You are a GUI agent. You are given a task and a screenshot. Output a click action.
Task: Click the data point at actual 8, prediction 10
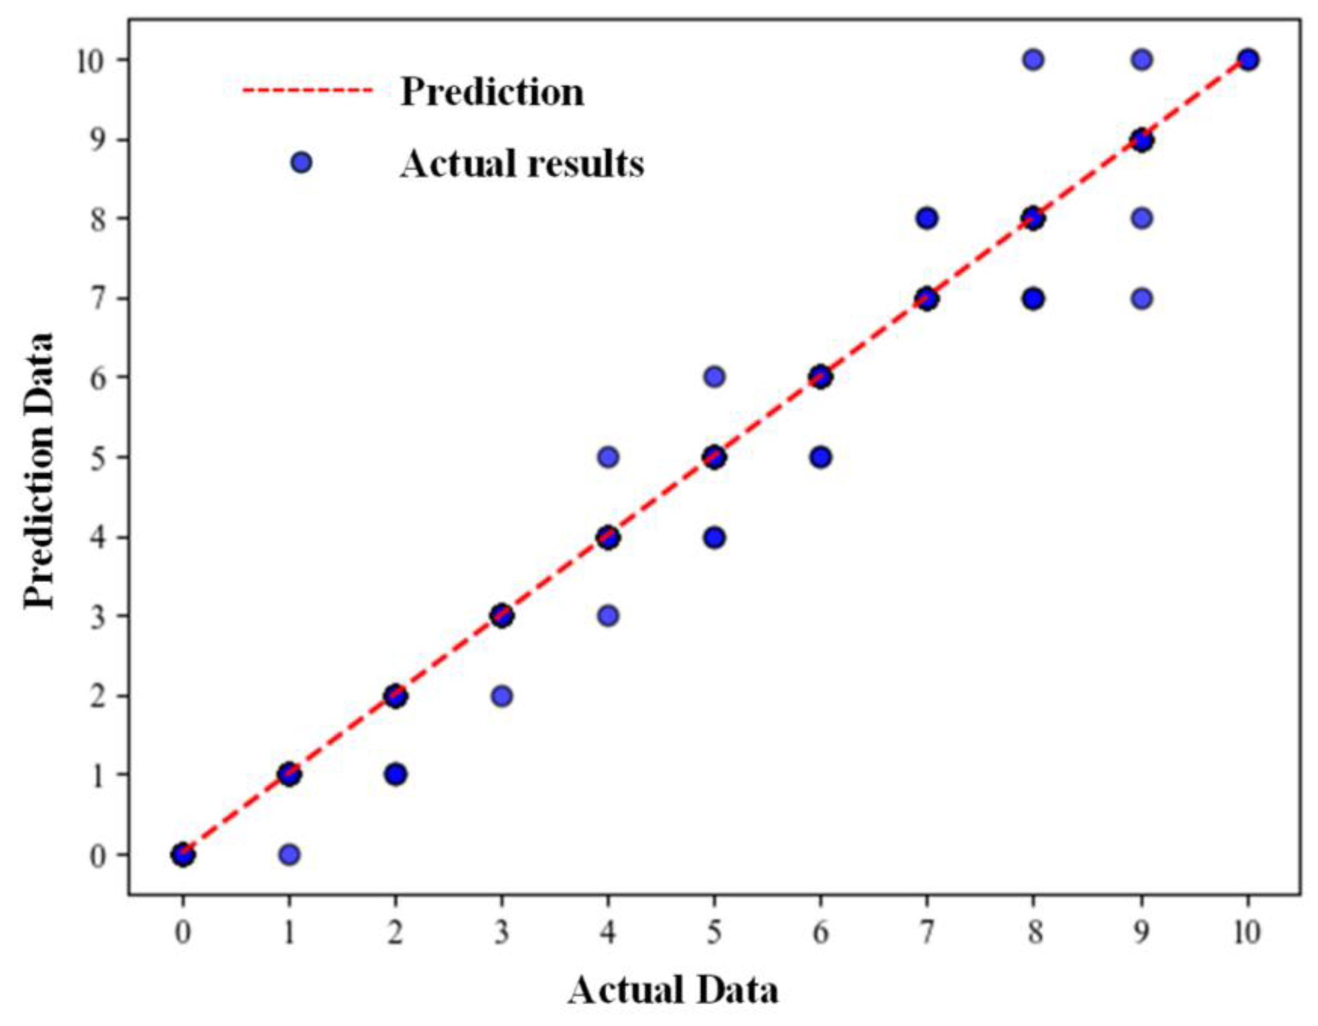[x=1033, y=60]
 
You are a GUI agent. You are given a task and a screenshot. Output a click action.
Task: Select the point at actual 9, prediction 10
[x=1141, y=60]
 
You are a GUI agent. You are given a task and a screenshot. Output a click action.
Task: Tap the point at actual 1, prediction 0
[x=289, y=855]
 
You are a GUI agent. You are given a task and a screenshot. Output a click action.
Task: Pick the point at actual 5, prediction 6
[x=714, y=377]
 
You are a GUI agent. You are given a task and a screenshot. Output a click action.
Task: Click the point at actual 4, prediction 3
[x=608, y=616]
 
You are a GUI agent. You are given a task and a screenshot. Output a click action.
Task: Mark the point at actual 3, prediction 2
[x=502, y=696]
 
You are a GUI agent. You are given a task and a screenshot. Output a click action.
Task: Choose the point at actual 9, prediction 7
[x=1141, y=299]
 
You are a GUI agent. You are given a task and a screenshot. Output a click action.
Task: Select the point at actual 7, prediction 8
[x=927, y=218]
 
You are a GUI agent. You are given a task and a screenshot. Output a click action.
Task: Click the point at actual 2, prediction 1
[x=395, y=774]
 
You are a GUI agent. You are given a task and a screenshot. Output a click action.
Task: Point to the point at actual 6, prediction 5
[x=820, y=457]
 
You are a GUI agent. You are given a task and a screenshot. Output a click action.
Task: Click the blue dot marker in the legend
[x=301, y=163]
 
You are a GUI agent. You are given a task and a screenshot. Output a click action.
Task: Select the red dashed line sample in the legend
[x=308, y=91]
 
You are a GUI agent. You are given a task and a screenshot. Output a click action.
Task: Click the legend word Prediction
[x=492, y=92]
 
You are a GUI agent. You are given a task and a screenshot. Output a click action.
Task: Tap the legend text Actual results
[x=522, y=163]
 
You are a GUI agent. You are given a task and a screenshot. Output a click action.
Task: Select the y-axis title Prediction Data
[x=40, y=471]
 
